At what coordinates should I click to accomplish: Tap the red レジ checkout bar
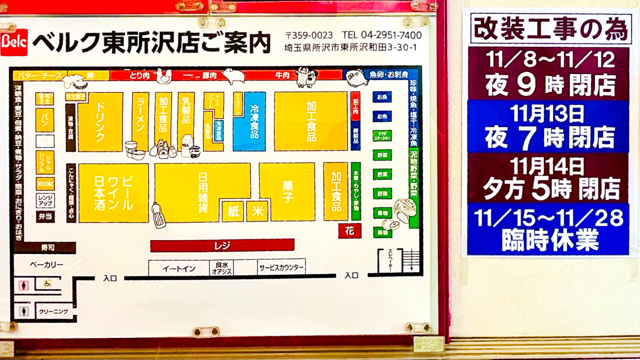(222, 245)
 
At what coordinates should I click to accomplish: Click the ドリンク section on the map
(100, 121)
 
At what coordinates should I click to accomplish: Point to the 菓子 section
(286, 191)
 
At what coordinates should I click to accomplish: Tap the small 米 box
(257, 211)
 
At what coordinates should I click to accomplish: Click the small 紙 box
(232, 211)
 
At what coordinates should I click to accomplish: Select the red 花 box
(349, 230)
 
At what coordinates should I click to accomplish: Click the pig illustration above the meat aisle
(233, 75)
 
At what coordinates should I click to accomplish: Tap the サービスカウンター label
(281, 268)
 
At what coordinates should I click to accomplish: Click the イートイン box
(178, 268)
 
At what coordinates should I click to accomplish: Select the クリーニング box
(53, 311)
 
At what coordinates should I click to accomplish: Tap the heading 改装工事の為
(549, 29)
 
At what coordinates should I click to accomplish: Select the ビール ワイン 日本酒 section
(113, 192)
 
